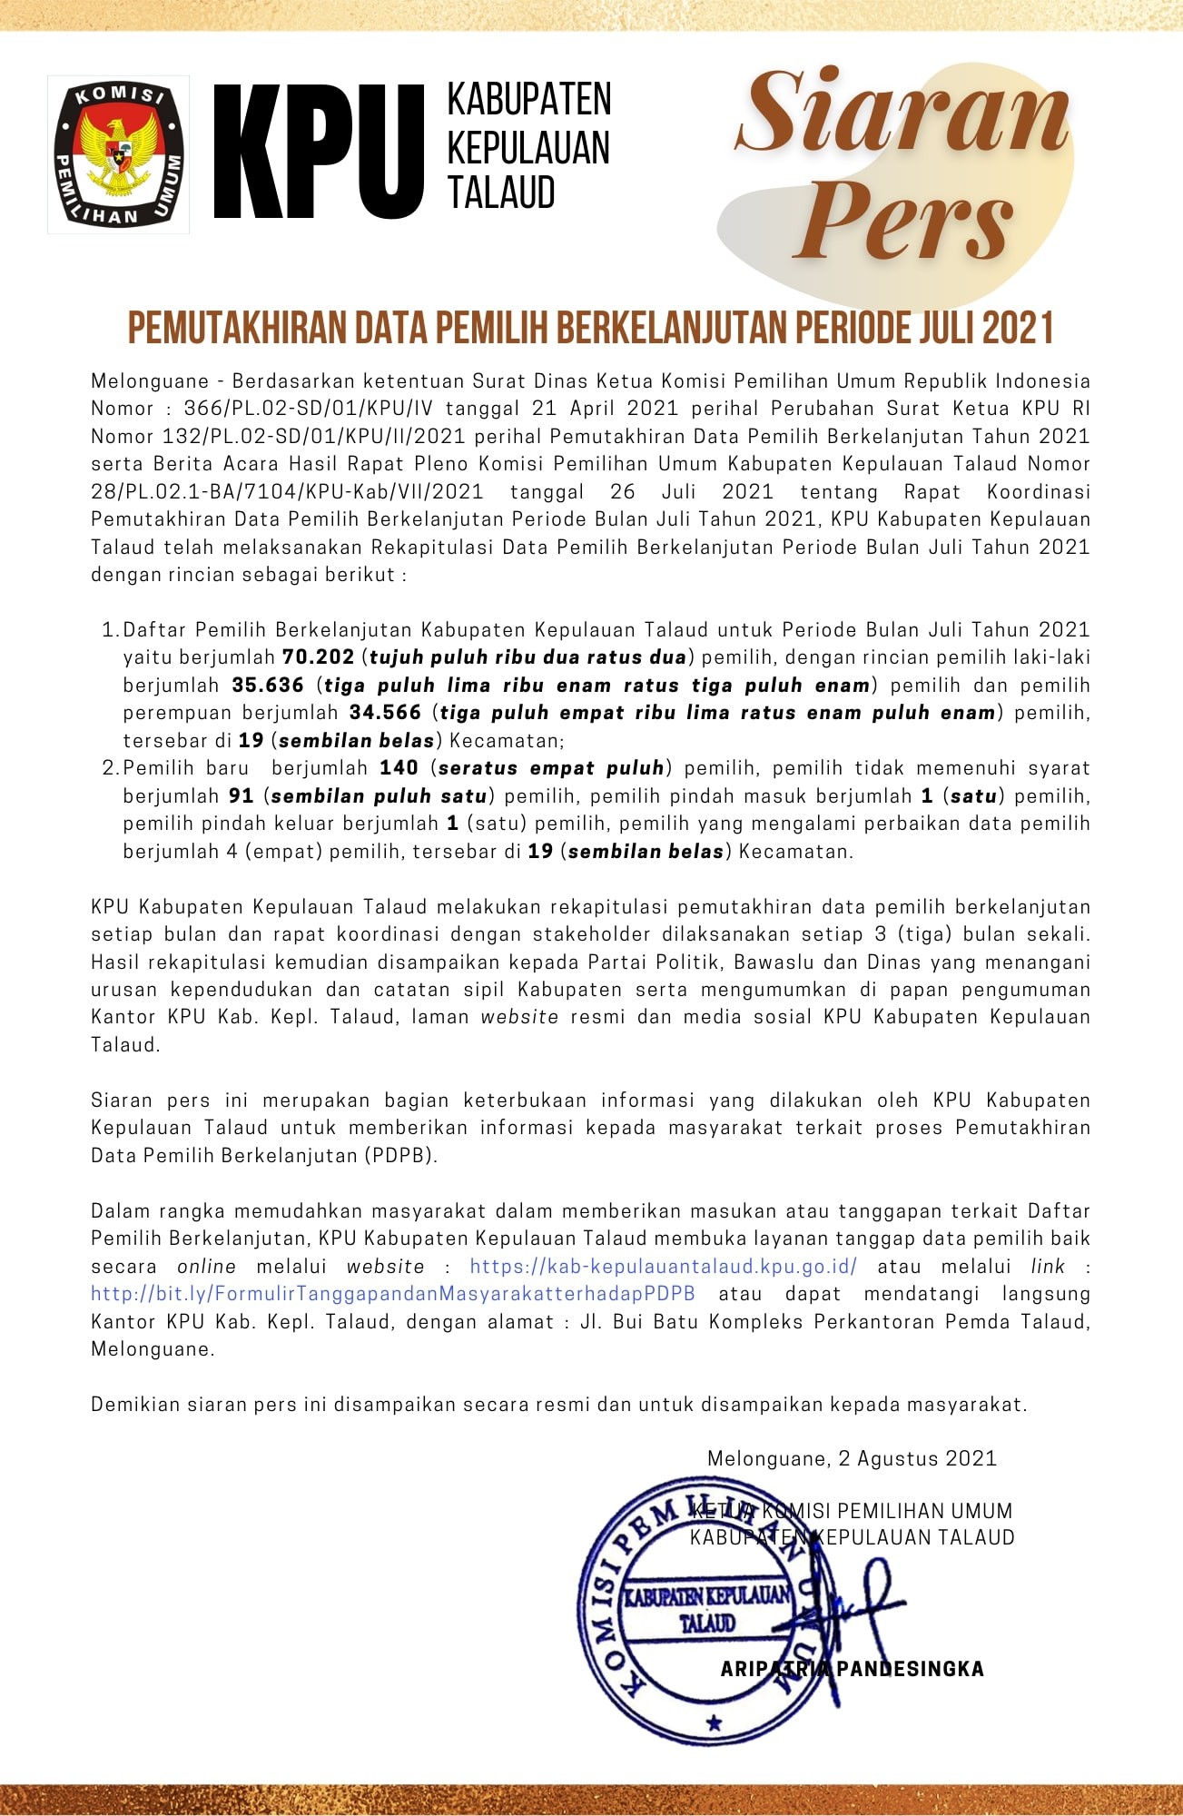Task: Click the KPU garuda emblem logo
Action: pos(118,153)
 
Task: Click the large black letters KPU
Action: pos(320,153)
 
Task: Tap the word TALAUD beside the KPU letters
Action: pos(500,193)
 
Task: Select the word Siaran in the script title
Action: pos(902,113)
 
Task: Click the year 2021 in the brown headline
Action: pos(1018,329)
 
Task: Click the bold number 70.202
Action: pos(318,656)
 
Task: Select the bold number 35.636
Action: pos(268,685)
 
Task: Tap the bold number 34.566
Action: pos(385,713)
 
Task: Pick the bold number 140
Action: pos(399,768)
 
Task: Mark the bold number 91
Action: pos(241,796)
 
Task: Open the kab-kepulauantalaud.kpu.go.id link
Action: pos(663,1266)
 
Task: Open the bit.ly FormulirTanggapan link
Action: pos(393,1294)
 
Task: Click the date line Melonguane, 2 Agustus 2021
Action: pos(852,1458)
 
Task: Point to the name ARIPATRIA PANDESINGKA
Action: pos(852,1669)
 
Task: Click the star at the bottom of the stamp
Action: pos(715,1722)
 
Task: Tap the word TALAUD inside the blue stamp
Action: pos(707,1624)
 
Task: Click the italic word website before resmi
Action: pos(519,1017)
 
